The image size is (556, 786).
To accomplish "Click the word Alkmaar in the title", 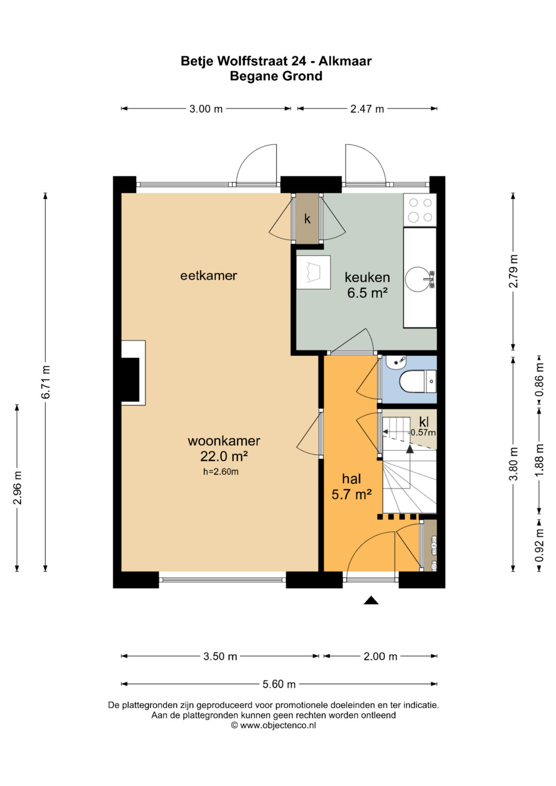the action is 345,61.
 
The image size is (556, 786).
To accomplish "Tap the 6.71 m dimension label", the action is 46,382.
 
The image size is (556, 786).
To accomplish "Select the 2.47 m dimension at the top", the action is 367,109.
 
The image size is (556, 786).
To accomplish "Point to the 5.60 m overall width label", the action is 279,684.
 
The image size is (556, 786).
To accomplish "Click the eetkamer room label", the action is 208,275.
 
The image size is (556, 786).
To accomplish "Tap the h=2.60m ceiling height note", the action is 221,472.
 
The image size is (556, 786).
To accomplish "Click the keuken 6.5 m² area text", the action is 367,285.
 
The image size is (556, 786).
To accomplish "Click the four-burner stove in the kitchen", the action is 420,210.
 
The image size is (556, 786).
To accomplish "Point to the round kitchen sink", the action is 417,280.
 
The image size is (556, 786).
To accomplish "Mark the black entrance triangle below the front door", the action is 371,600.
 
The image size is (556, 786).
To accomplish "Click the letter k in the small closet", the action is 307,219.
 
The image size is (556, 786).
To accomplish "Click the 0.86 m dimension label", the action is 540,381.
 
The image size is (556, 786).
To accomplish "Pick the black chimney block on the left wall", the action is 130,381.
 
